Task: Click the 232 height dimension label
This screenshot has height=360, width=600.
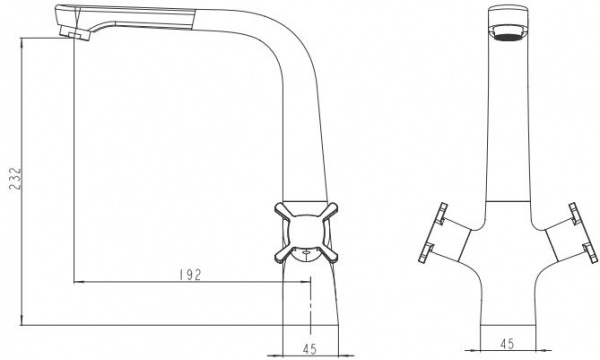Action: pos(15,178)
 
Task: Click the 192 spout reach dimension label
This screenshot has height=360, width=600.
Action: pos(190,275)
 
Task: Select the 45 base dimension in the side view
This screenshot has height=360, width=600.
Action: pos(310,349)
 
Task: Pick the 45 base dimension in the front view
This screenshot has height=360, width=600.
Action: pos(507,343)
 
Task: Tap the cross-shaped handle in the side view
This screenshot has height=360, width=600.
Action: pos(306,233)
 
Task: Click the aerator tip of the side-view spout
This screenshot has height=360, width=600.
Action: pos(75,33)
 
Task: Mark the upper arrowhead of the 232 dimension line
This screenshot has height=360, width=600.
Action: pos(22,42)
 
